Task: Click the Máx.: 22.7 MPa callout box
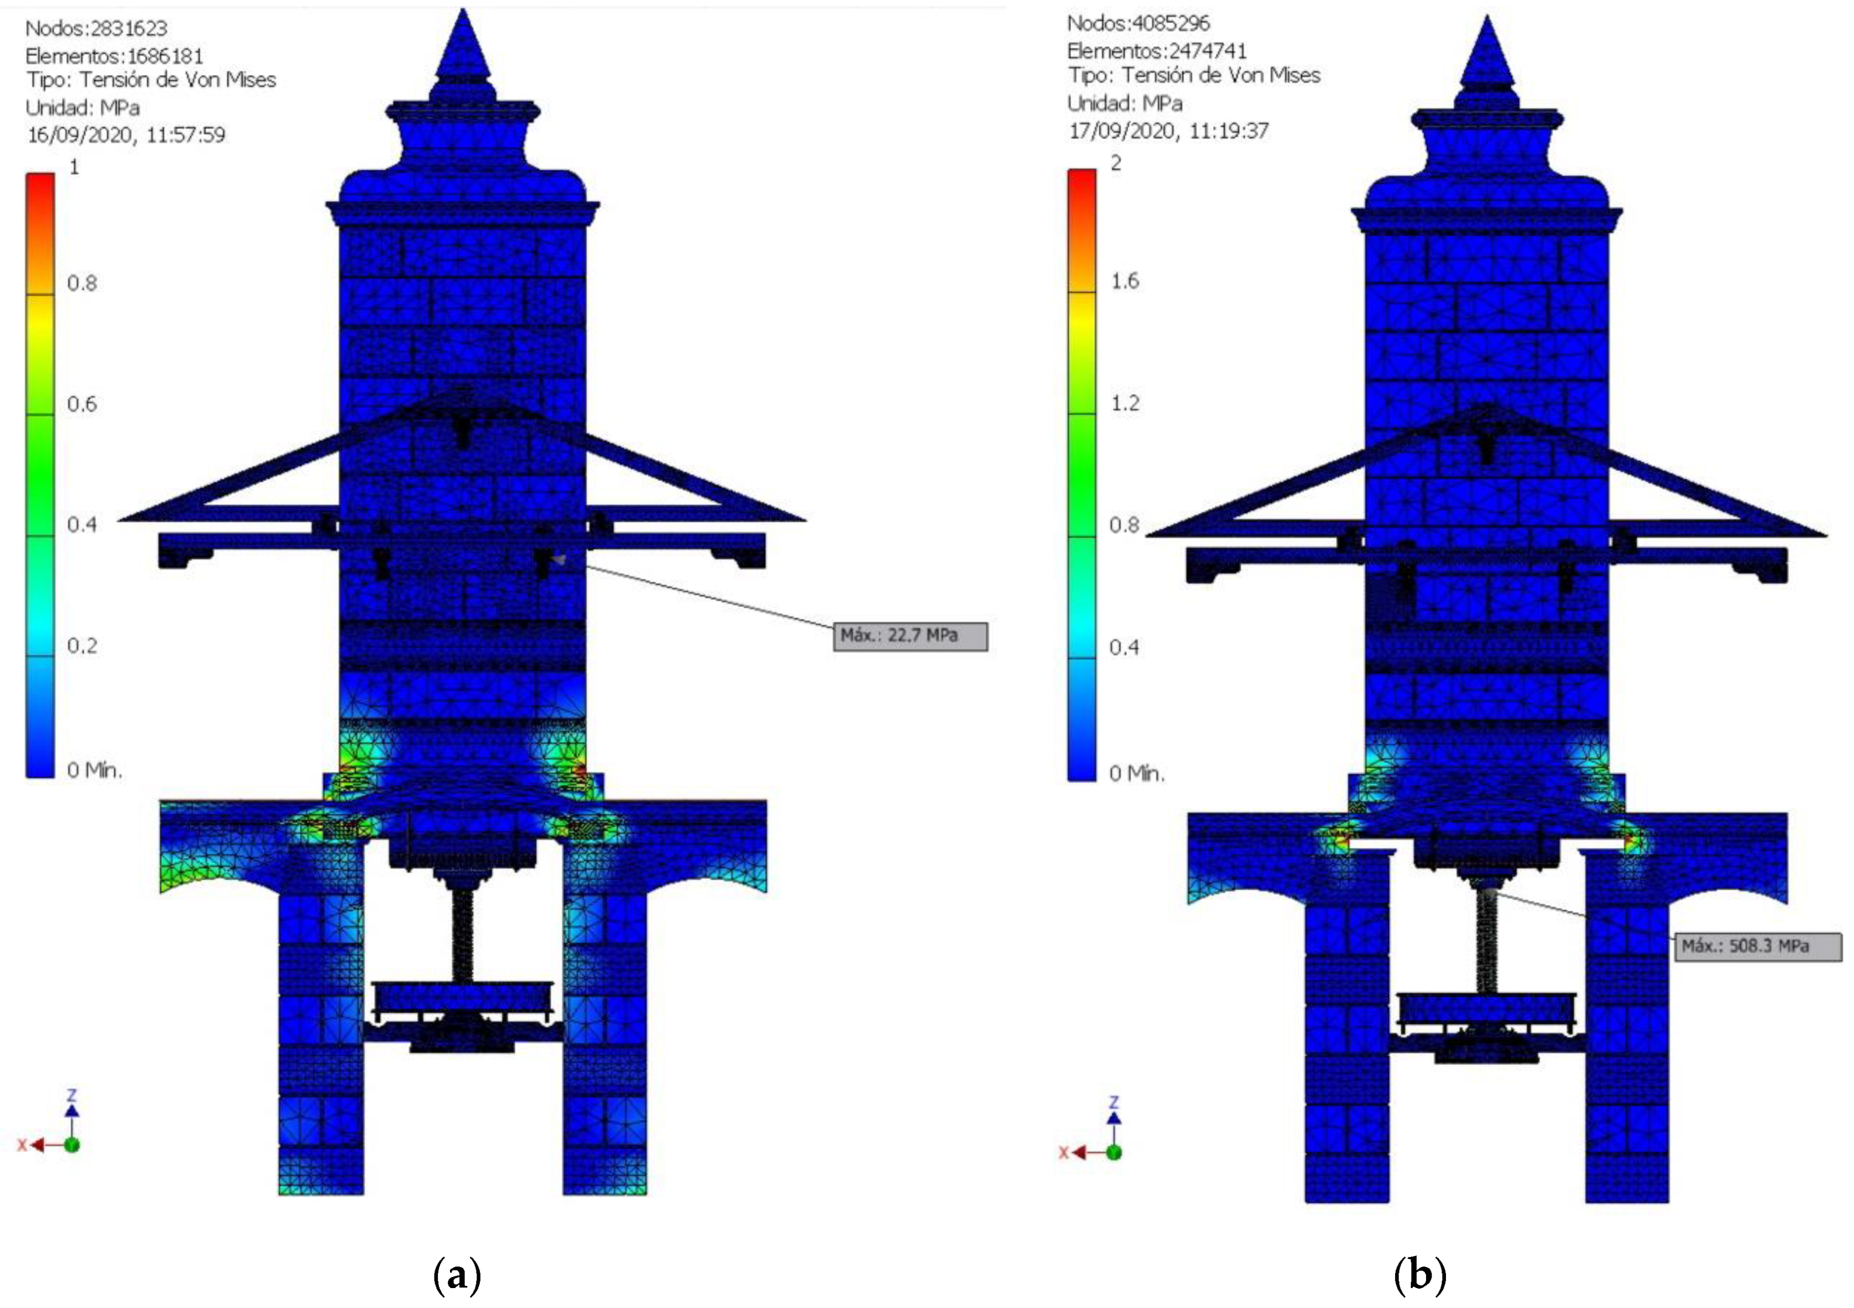pyautogui.click(x=910, y=636)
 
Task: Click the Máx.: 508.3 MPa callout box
pyautogui.click(x=1758, y=946)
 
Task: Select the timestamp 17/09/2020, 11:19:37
pyautogui.click(x=1168, y=130)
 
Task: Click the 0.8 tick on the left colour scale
pyautogui.click(x=82, y=283)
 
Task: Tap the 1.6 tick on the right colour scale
pyautogui.click(x=1125, y=281)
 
